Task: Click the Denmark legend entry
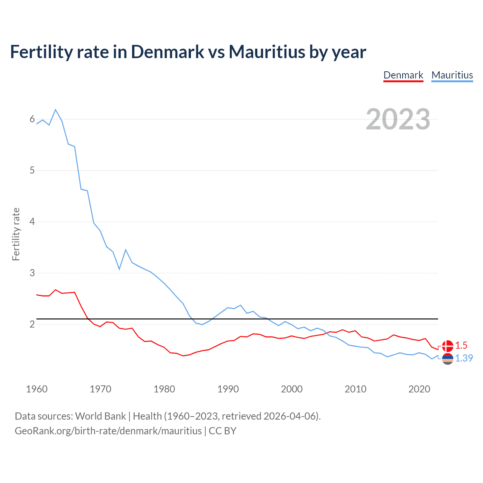click(403, 75)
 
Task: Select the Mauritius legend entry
click(452, 75)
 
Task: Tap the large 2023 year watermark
click(398, 119)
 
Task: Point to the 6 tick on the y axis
click(32, 119)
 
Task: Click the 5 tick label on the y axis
click(32, 171)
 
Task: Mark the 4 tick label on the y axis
click(32, 222)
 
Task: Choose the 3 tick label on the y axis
click(32, 273)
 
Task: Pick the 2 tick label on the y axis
click(32, 324)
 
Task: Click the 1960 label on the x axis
click(37, 389)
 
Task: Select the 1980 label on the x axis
click(164, 389)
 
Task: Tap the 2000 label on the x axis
click(292, 389)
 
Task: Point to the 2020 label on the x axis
click(419, 389)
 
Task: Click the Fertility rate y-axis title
click(16, 234)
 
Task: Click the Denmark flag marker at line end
click(448, 346)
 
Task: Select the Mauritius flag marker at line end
click(448, 358)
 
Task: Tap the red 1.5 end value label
click(461, 346)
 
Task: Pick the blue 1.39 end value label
click(464, 358)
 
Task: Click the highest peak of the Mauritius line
click(55, 110)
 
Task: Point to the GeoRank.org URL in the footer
click(108, 431)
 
